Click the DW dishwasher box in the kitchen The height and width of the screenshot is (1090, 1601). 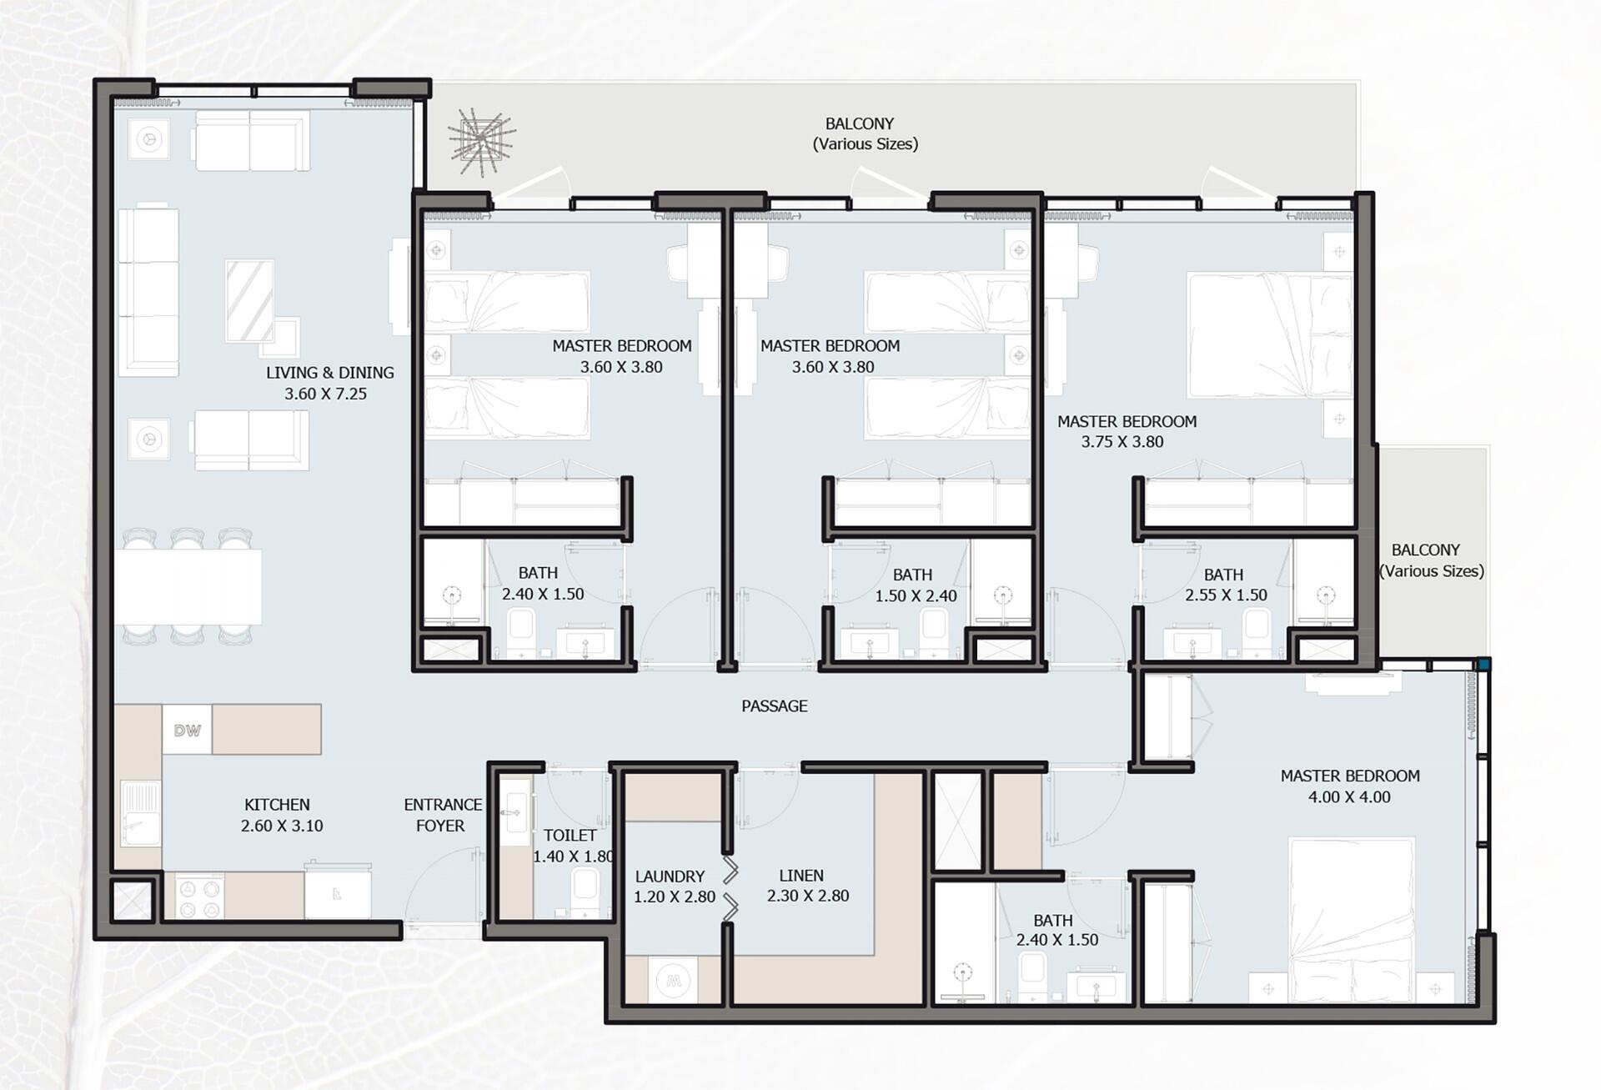[x=187, y=730]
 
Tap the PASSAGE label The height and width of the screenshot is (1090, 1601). [x=775, y=706]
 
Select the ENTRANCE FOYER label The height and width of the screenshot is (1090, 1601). [x=442, y=815]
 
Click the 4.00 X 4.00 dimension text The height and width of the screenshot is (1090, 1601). [x=1349, y=797]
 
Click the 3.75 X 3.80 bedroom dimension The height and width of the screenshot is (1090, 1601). [x=1122, y=442]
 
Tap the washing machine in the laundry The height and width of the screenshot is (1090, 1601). [x=673, y=980]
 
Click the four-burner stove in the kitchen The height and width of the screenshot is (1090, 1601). [x=200, y=897]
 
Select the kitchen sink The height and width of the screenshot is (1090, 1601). [x=140, y=813]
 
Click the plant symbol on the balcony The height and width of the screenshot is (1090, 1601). [x=482, y=140]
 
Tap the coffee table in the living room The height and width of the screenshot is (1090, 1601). [x=250, y=301]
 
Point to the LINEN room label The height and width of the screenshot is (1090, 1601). [x=801, y=876]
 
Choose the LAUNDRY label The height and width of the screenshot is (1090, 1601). [x=670, y=877]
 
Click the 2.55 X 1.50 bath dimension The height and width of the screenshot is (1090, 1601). [x=1226, y=595]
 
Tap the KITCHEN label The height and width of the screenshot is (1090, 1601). [x=277, y=805]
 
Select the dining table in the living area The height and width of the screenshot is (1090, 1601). [x=188, y=586]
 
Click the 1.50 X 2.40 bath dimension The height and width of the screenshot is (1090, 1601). [x=916, y=596]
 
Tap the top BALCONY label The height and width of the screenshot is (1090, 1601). [x=860, y=123]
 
